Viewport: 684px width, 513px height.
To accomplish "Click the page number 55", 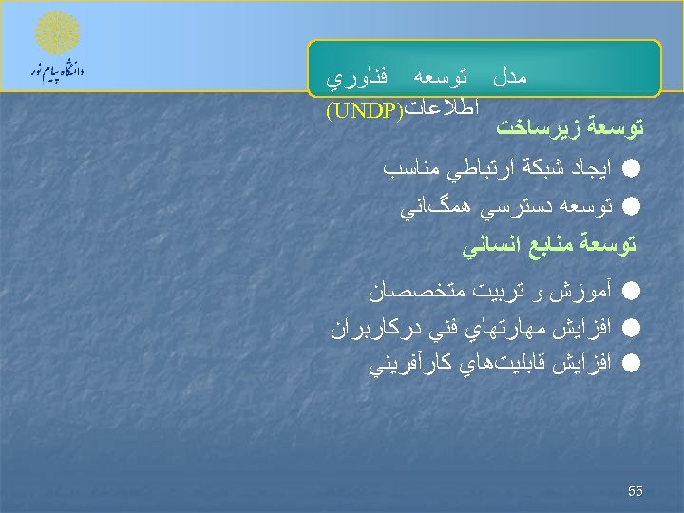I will (636, 491).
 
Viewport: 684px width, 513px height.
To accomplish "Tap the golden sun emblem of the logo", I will (57, 34).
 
